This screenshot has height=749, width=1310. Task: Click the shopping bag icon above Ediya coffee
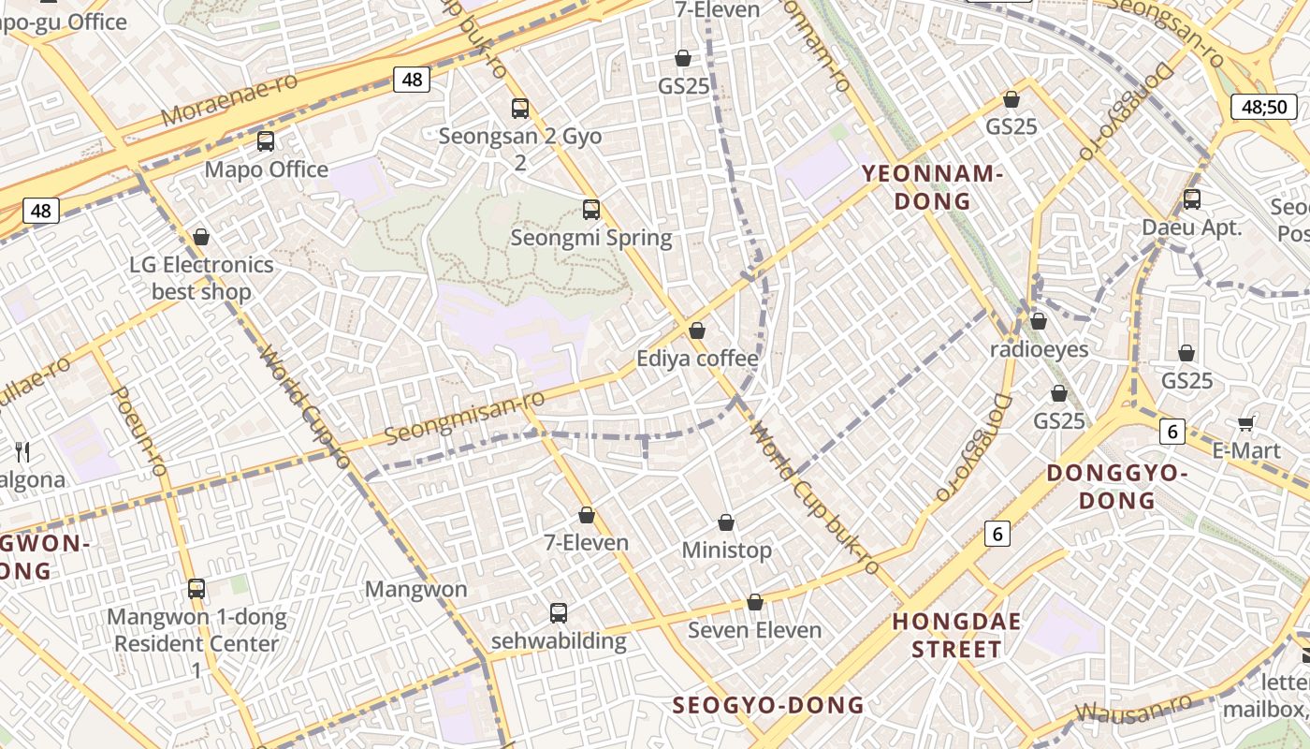696,330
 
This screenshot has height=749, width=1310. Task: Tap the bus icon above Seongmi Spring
590,210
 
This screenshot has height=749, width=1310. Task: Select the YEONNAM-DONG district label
931,187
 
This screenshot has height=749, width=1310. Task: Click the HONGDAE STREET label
956,635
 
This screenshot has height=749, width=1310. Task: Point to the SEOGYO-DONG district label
768,705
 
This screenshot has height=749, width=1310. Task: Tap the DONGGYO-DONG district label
1116,487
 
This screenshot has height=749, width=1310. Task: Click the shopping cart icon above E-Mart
1245,423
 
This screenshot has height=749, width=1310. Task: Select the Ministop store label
726,550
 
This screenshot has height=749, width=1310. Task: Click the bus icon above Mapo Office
266,141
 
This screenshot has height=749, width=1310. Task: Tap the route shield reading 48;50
1264,107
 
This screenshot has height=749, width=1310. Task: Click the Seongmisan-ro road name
464,419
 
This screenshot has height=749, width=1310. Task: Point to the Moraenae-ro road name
229,99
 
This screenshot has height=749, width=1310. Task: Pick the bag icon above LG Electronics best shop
200,237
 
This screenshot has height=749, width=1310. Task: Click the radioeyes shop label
1039,349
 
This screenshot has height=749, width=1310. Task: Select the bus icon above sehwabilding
558,613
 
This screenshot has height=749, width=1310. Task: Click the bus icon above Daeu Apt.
1191,198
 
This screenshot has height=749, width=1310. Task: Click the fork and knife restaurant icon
23,453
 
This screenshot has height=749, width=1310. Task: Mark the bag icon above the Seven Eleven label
754,602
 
